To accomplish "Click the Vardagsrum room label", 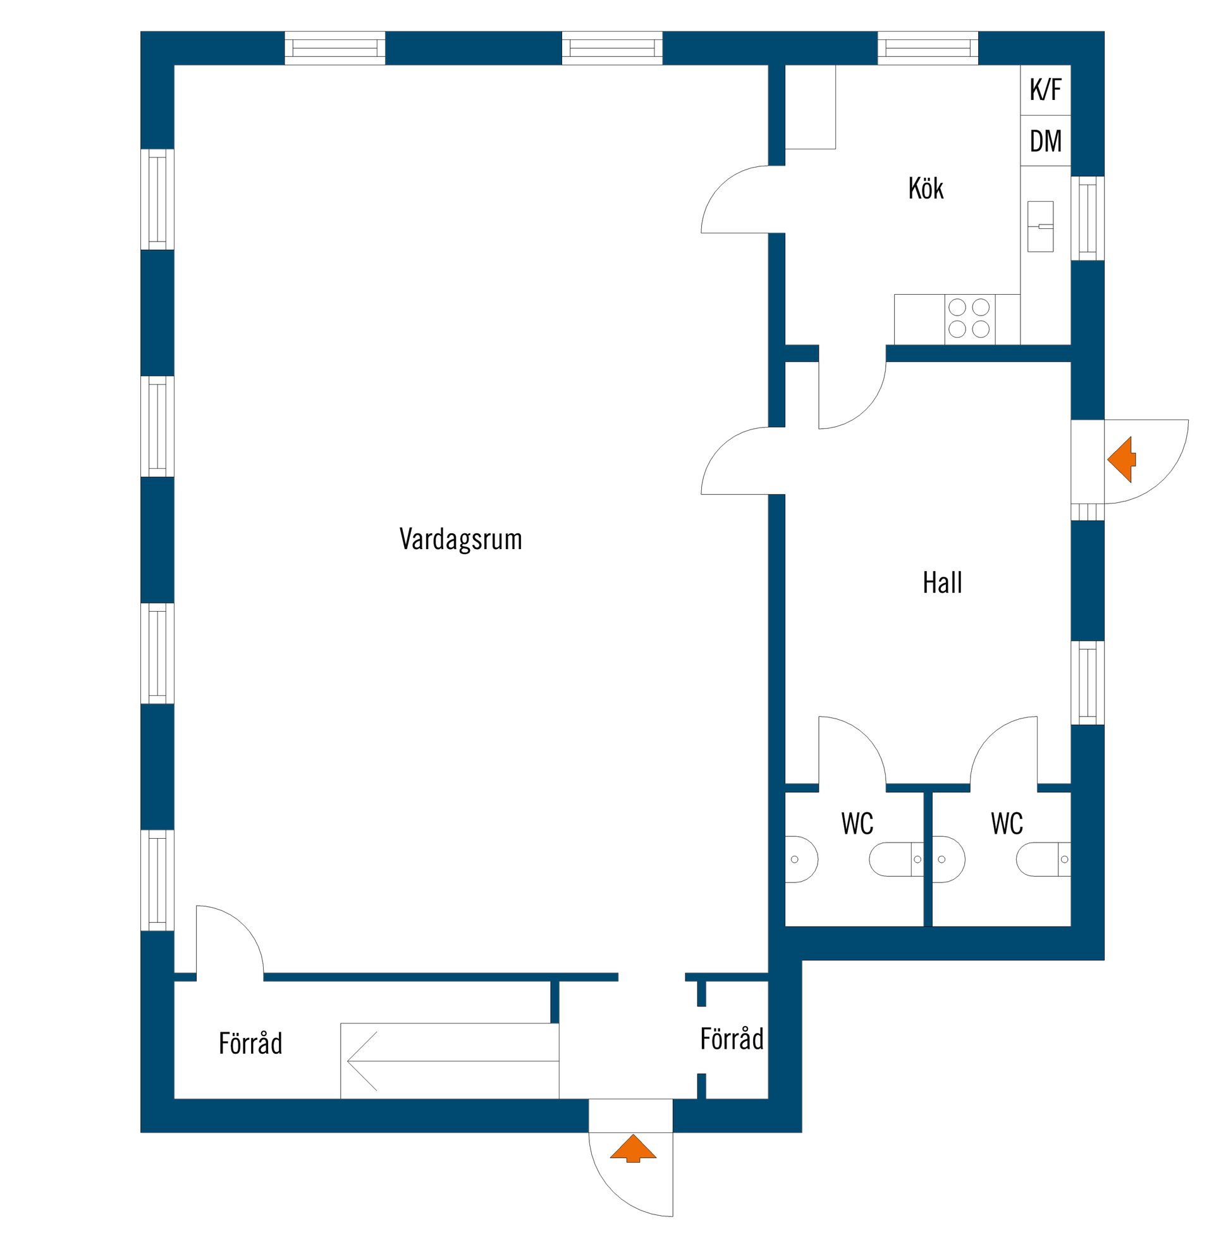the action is coord(460,540).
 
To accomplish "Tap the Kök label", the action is coord(926,188).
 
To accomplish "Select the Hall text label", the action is coord(942,582).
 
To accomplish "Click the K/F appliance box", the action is coord(1046,90).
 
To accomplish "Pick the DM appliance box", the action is coord(1046,141).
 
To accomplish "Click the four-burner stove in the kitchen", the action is coord(969,319).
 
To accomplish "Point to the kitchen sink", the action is coord(1041,226).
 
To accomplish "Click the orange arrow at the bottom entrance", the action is coord(632,1149).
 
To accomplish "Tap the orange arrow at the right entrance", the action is coord(1122,459).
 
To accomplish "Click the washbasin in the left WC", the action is coord(801,860).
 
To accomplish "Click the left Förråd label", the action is coord(250,1043).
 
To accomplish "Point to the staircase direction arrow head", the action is coord(348,1062).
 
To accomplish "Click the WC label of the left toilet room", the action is coord(857,824).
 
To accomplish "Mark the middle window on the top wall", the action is coord(612,49).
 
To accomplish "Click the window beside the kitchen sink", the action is coord(1088,218).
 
